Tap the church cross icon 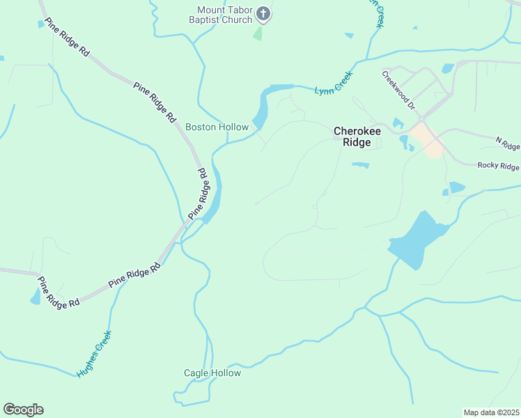point(264,13)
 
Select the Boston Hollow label point(217,127)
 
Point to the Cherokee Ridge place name point(358,136)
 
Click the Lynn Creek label point(334,83)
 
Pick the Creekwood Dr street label point(398,90)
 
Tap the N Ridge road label point(508,143)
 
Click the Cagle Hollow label point(212,373)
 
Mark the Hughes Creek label point(94,354)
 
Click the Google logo point(23,410)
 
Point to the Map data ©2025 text point(491,412)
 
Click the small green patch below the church point(258,33)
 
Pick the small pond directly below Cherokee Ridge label point(360,165)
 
